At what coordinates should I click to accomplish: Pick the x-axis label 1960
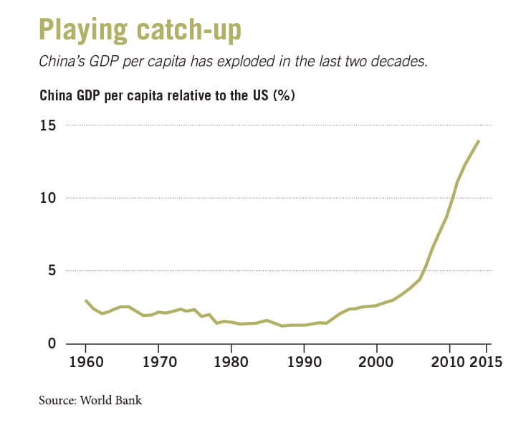coord(86,361)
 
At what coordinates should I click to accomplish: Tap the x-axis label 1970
coord(158,361)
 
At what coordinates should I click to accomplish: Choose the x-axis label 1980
coord(231,361)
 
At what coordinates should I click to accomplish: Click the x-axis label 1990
coord(305,361)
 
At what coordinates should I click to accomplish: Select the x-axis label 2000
coord(377,361)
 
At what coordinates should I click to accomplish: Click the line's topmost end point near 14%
coord(479,141)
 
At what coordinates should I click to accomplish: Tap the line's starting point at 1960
coord(86,300)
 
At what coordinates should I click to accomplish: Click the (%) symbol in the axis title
coord(284,95)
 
